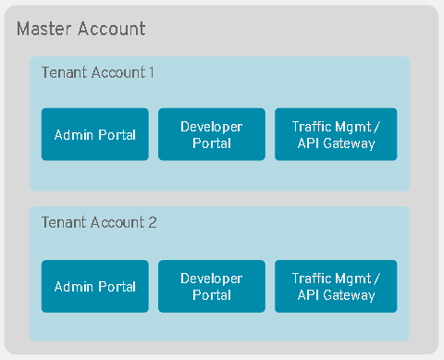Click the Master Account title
(x=81, y=29)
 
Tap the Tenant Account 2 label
(x=99, y=223)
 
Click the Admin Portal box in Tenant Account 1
(x=95, y=135)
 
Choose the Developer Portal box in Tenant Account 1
(x=212, y=135)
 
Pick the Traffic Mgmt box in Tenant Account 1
(x=336, y=135)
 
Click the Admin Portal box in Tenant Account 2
(x=95, y=287)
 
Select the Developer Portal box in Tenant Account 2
(x=212, y=287)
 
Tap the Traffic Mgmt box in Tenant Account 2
(x=336, y=287)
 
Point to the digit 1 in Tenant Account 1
(x=151, y=72)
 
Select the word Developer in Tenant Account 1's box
(x=212, y=127)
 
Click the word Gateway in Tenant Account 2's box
(x=350, y=295)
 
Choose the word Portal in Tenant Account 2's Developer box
(x=212, y=295)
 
